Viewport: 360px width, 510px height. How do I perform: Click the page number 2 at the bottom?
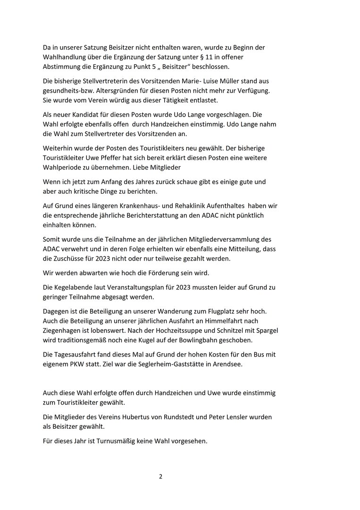(x=160, y=476)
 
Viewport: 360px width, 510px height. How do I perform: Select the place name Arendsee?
(x=225, y=364)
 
